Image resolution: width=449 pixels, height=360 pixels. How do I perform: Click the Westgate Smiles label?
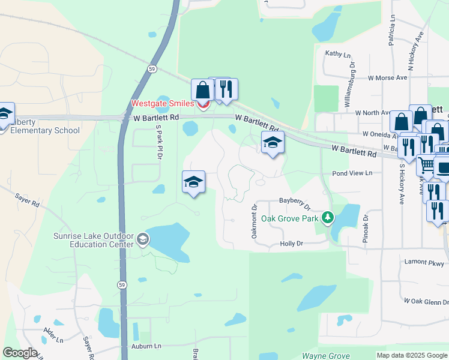tap(163, 104)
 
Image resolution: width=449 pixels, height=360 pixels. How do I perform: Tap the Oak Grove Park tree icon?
tap(327, 217)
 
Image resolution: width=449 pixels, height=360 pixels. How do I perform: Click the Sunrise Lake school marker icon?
tap(142, 240)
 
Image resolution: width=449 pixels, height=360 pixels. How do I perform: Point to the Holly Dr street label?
tap(292, 244)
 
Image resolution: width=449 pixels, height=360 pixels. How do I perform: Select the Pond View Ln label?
tap(352, 173)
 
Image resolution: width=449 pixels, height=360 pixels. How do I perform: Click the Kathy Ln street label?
tap(338, 54)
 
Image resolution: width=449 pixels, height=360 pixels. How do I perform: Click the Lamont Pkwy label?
tap(424, 262)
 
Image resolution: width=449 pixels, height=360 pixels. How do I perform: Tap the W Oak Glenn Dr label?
tap(426, 301)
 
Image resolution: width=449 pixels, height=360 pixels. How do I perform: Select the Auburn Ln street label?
tap(146, 346)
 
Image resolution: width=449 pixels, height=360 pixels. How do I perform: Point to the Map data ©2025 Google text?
tap(411, 355)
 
